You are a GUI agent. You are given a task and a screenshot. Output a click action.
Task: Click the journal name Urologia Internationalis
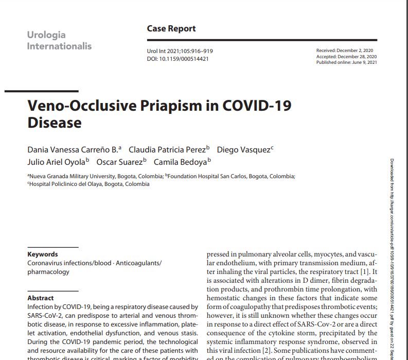pyautogui.click(x=59, y=41)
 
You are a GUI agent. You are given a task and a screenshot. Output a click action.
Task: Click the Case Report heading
pyautogui.click(x=171, y=29)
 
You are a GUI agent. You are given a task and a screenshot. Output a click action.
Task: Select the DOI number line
pyautogui.click(x=178, y=59)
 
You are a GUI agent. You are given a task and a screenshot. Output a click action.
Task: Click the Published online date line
pyautogui.click(x=347, y=62)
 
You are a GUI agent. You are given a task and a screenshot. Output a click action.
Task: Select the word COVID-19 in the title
pyautogui.click(x=257, y=106)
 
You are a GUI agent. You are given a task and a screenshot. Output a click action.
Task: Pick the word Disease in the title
pyautogui.click(x=54, y=123)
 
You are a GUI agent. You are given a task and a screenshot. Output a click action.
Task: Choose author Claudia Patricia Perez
pyautogui.click(x=169, y=150)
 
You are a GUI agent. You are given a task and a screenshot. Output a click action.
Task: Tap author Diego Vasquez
pyautogui.click(x=244, y=150)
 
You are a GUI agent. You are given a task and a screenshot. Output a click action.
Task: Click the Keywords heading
pyautogui.click(x=43, y=254)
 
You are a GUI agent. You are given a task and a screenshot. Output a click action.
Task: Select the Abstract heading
pyautogui.click(x=41, y=298)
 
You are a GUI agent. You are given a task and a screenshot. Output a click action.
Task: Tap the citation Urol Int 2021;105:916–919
pyautogui.click(x=180, y=52)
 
